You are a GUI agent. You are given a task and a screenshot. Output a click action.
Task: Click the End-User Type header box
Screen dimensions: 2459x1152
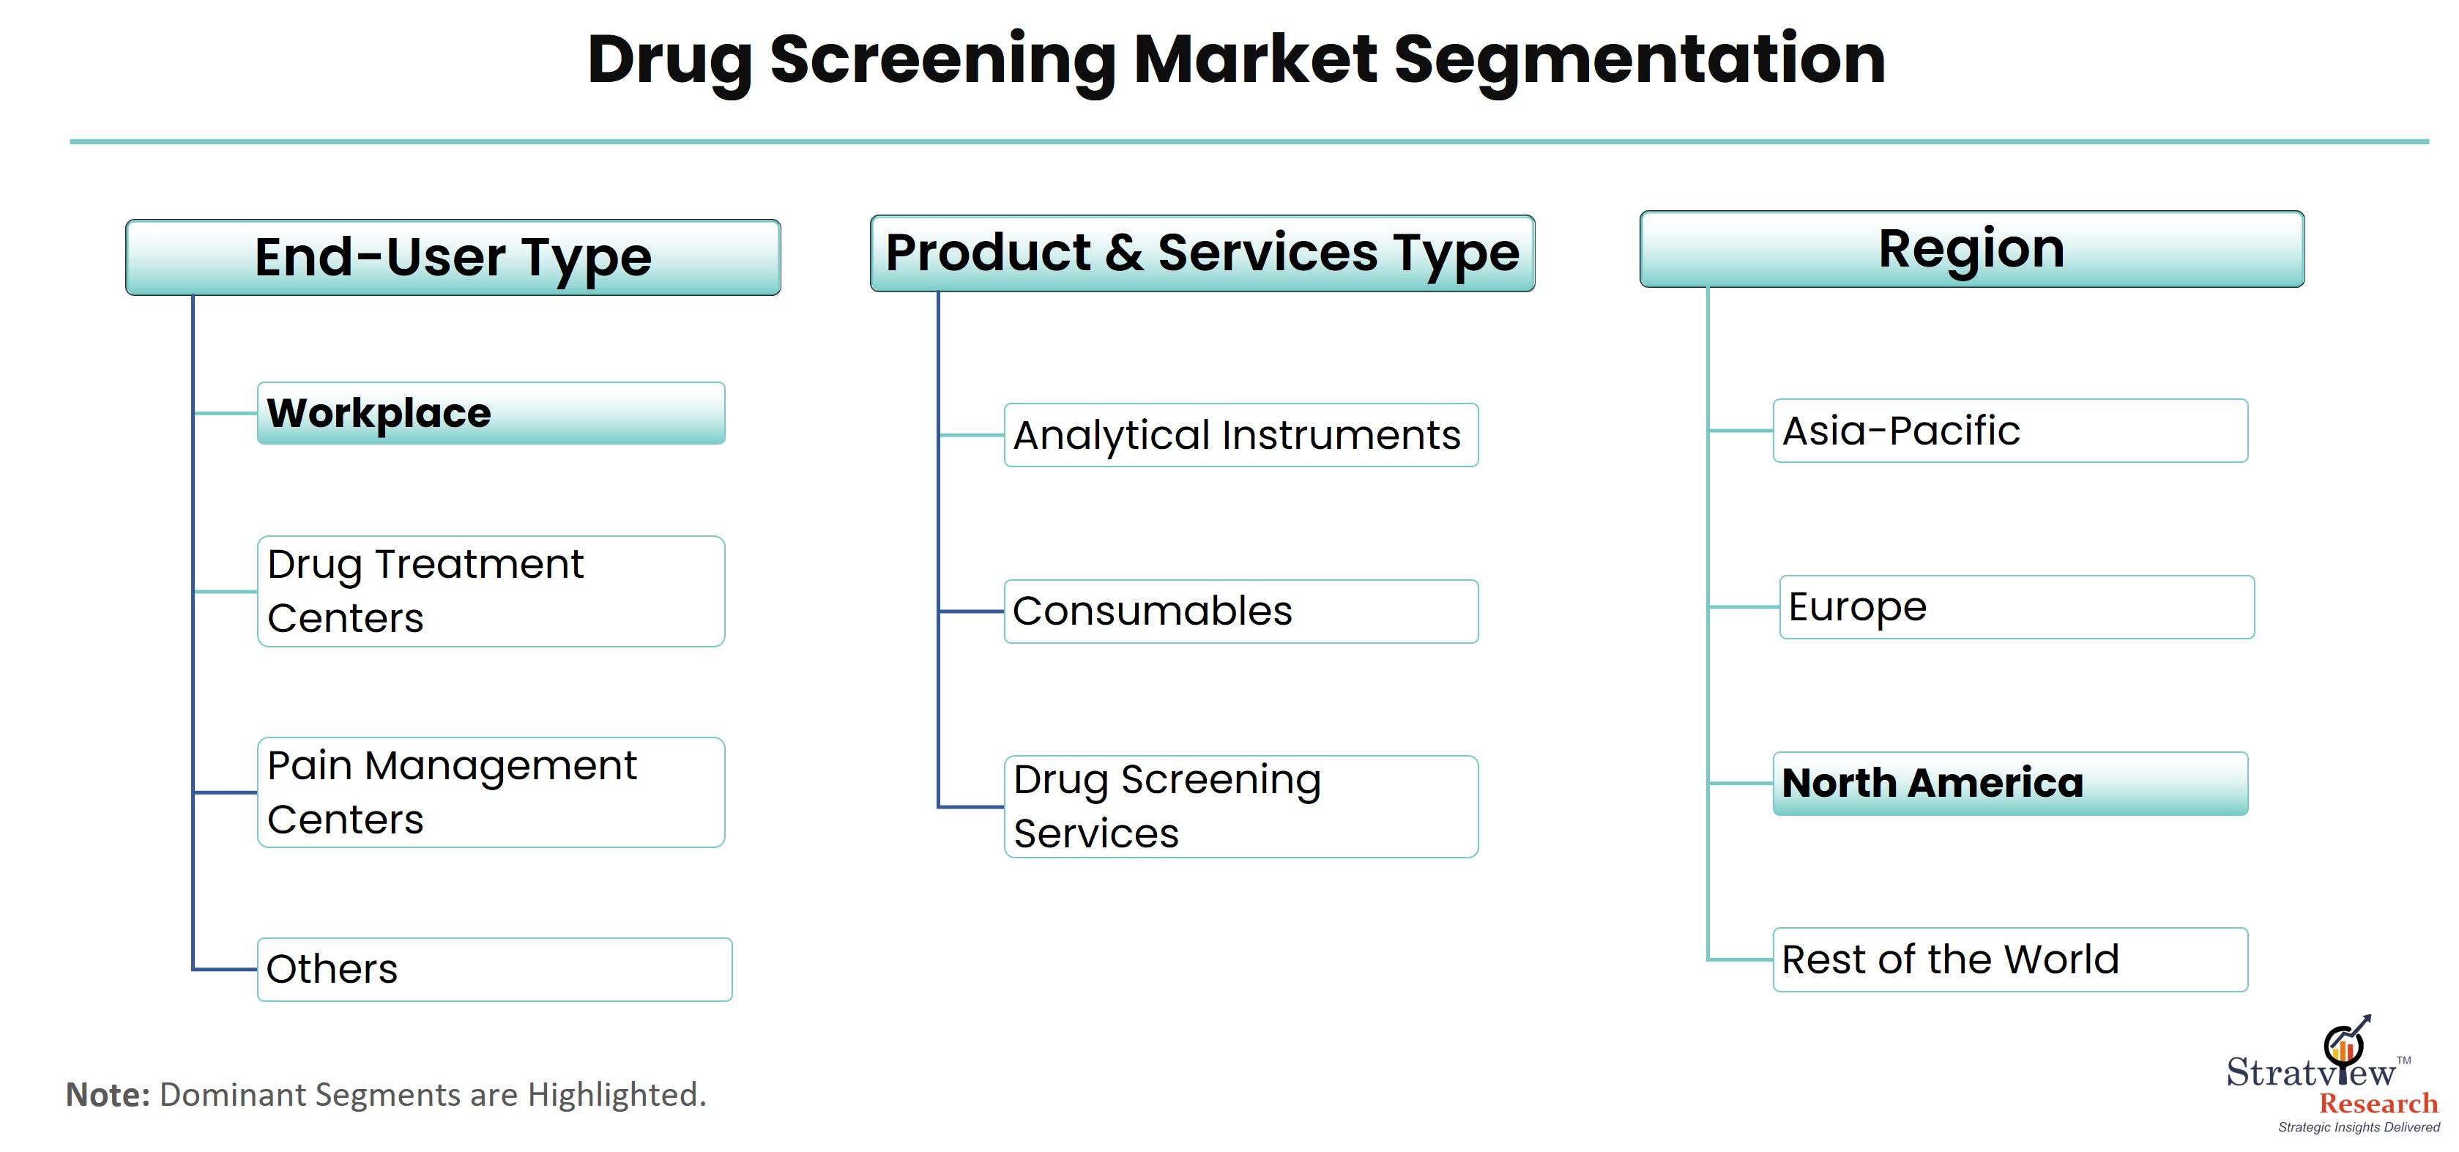(x=453, y=258)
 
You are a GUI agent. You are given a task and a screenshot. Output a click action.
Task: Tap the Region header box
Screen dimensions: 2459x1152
(x=1972, y=249)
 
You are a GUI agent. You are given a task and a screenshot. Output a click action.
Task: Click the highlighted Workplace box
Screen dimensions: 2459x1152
(x=491, y=413)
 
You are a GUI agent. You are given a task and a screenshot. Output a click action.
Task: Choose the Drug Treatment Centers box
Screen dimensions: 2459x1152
(x=491, y=592)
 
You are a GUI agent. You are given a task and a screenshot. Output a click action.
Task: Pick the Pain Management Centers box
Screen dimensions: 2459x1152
(x=491, y=792)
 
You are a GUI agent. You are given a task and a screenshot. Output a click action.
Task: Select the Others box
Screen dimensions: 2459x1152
(x=494, y=970)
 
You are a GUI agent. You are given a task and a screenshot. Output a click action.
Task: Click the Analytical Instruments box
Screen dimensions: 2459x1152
(x=1241, y=435)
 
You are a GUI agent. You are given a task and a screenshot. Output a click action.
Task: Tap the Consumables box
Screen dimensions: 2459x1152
(x=1241, y=612)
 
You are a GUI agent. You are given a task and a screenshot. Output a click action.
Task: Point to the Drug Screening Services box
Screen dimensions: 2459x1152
(x=1241, y=806)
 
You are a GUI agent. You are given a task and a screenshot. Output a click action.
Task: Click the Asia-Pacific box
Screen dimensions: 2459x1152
(x=2010, y=431)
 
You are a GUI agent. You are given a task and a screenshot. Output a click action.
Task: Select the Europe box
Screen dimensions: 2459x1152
(x=2017, y=607)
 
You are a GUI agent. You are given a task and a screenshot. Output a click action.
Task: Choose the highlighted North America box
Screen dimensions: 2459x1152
(x=2010, y=784)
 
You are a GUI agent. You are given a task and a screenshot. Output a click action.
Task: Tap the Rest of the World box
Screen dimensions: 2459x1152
(x=2010, y=959)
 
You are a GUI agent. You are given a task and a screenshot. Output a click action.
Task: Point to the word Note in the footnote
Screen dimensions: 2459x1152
(x=108, y=1095)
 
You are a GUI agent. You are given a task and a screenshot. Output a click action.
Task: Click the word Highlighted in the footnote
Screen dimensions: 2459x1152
(x=617, y=1096)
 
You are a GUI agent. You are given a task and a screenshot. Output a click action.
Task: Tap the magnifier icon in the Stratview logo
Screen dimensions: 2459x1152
(x=2345, y=1044)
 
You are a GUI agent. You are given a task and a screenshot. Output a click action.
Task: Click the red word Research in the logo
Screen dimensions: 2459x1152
(x=2378, y=1104)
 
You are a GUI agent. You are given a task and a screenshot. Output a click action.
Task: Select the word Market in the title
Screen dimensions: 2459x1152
(x=1255, y=59)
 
